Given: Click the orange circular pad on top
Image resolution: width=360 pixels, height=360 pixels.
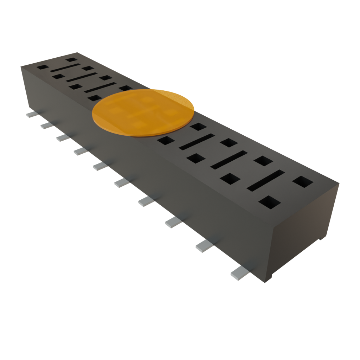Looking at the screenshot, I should (143, 112).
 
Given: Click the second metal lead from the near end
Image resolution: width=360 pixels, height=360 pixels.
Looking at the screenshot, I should (204, 246).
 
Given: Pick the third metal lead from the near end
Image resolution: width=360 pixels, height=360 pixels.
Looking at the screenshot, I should (173, 222).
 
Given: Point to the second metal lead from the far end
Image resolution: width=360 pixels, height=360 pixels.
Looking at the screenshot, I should (46, 125).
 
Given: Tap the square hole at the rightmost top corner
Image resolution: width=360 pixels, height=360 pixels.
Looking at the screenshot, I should (303, 181).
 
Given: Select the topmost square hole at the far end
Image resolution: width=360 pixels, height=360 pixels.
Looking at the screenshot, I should (72, 60).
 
